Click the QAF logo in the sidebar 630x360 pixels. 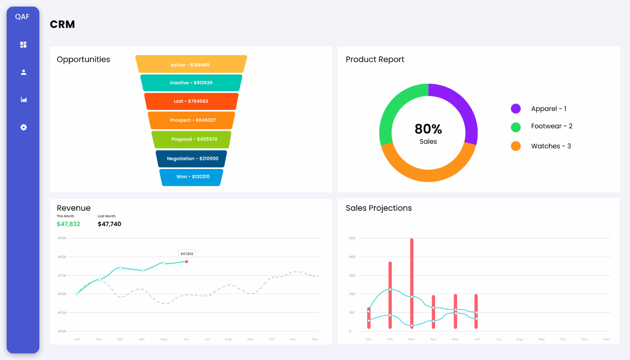[x=22, y=17]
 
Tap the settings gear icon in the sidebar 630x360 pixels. [x=24, y=127]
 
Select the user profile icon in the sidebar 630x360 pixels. [x=24, y=72]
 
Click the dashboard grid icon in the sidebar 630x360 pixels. [x=24, y=45]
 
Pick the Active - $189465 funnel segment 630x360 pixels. [x=191, y=65]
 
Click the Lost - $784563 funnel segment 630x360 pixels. [x=191, y=101]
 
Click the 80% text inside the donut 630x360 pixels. [x=428, y=129]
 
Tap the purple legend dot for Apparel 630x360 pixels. [x=515, y=109]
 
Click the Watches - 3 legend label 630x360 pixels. [x=550, y=146]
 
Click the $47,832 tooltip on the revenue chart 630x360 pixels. [x=187, y=254]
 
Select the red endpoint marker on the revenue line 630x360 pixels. [x=187, y=262]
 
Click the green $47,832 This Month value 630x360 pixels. [x=68, y=224]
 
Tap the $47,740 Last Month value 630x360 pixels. [x=109, y=224]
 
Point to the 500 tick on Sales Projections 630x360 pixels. [x=352, y=238]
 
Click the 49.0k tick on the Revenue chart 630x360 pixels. [x=62, y=238]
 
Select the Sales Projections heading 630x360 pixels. [x=378, y=208]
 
